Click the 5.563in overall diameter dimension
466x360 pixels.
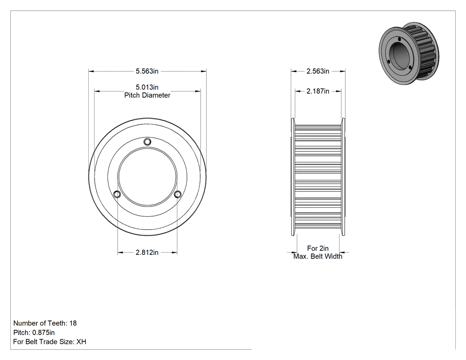click(x=147, y=71)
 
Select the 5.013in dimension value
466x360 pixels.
click(x=147, y=87)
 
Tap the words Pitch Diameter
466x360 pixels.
click(x=147, y=95)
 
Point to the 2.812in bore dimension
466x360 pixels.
click(x=147, y=253)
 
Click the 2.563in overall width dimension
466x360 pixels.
click(x=318, y=71)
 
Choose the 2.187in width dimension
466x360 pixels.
click(x=318, y=91)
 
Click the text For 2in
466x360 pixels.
click(x=318, y=248)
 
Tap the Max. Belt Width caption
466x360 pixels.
click(x=318, y=256)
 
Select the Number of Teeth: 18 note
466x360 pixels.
click(x=45, y=323)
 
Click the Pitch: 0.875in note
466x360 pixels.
click(x=34, y=332)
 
